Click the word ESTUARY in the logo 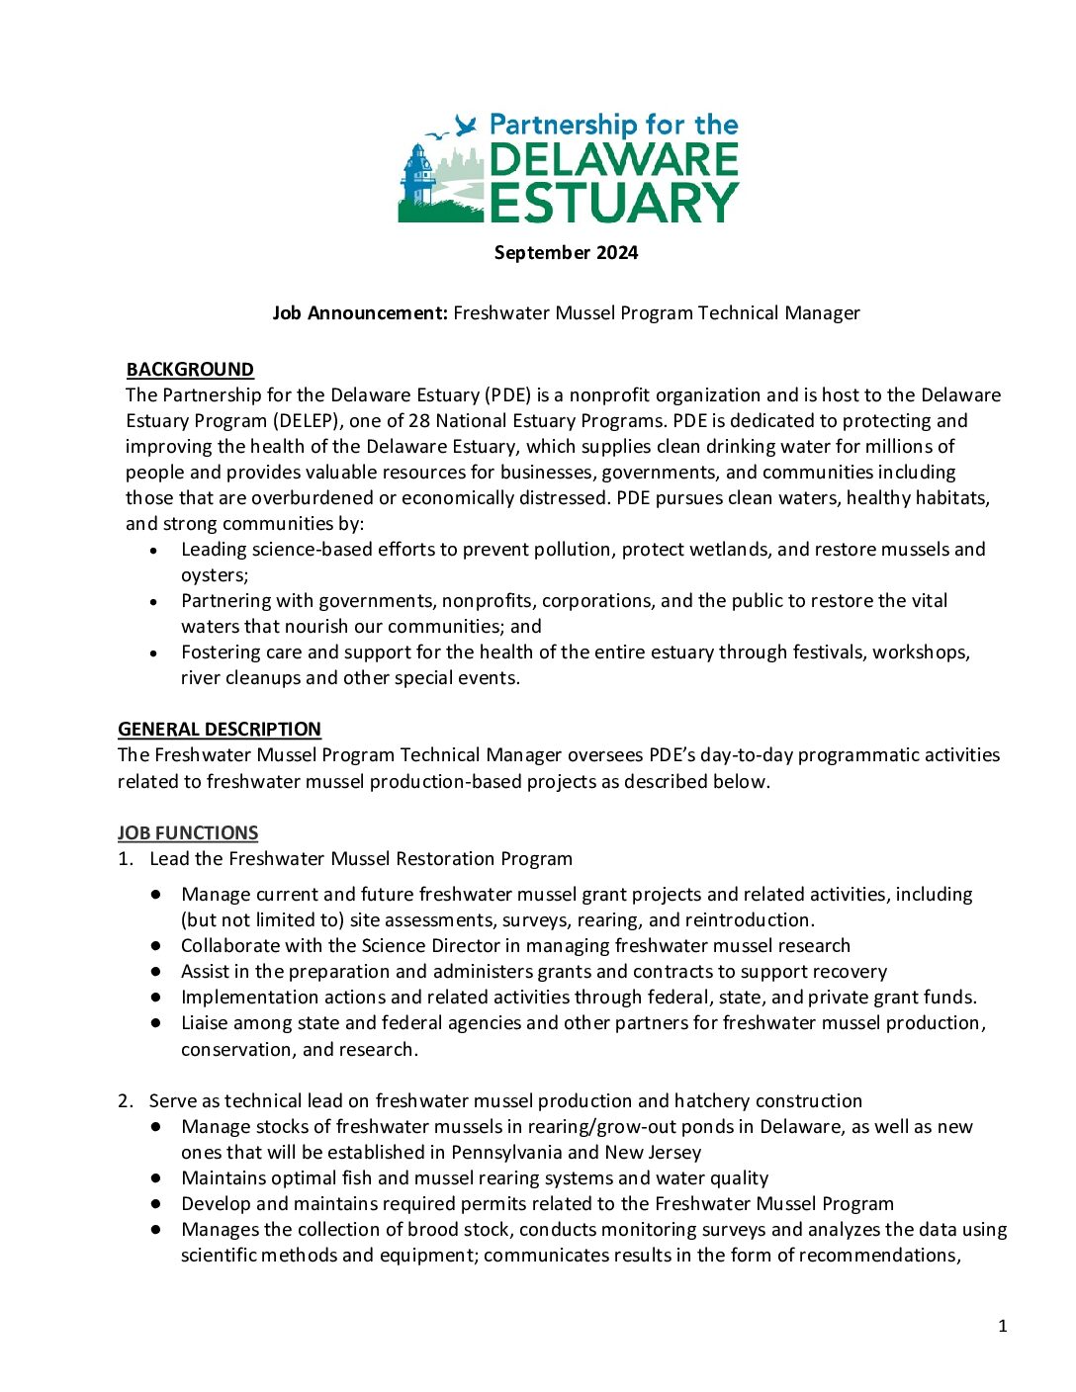[613, 202]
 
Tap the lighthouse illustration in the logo [417, 178]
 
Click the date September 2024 [566, 252]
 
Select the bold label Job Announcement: [360, 313]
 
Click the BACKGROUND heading [190, 370]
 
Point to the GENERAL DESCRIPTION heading [220, 730]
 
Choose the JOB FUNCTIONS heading [188, 833]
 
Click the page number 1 [1003, 1327]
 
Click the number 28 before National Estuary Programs [419, 421]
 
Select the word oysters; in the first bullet [215, 575]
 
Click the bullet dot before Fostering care [153, 653]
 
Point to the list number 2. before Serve [126, 1101]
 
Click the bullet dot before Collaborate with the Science [156, 946]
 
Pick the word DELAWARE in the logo [613, 160]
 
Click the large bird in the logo [466, 125]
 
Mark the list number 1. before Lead [126, 859]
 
